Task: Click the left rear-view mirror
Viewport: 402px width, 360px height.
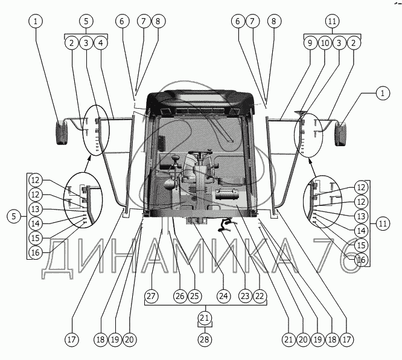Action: point(63,133)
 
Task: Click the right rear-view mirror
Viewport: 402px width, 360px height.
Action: point(341,133)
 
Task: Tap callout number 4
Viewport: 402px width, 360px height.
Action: point(101,43)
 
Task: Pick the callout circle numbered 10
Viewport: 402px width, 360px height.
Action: point(325,43)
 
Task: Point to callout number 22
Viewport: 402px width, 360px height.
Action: point(260,297)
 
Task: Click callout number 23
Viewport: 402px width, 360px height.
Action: point(244,297)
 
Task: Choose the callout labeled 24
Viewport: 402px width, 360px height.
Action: point(223,297)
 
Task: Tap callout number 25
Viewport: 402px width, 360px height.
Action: point(194,297)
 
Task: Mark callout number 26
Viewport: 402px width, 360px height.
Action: point(179,297)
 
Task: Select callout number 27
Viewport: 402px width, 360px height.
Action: point(152,297)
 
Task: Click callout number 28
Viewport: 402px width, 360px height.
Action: point(205,339)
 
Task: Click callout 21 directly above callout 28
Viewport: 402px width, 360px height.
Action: point(205,318)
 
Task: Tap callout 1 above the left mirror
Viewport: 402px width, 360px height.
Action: point(36,21)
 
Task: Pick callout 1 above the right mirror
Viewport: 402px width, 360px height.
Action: point(381,94)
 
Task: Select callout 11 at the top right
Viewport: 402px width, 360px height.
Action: point(331,21)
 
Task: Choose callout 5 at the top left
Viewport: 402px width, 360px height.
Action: point(86,21)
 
